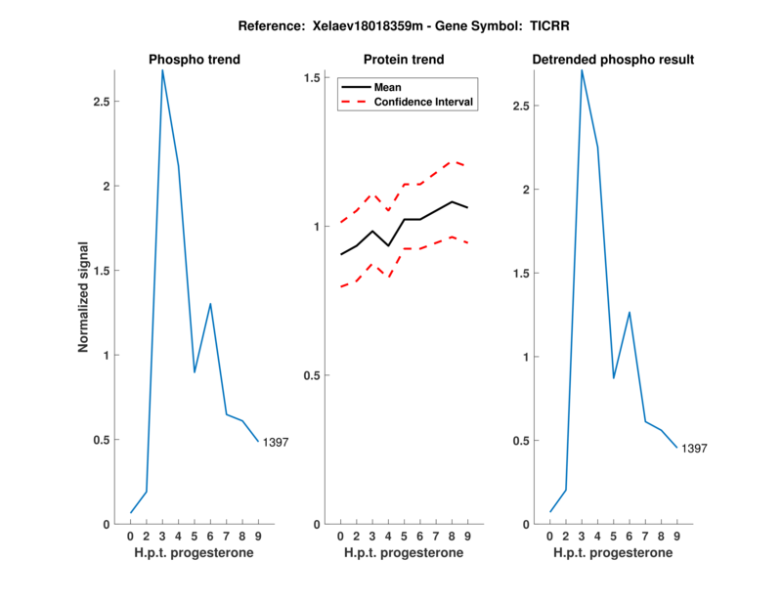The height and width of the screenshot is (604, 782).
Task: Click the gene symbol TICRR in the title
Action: [x=553, y=27]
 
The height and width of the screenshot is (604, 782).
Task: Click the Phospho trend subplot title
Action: [x=195, y=60]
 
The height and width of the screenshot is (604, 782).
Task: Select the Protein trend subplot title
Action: [x=404, y=60]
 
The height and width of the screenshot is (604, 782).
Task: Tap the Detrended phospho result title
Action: [x=613, y=60]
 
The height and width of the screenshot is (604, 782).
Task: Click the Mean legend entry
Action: [x=388, y=87]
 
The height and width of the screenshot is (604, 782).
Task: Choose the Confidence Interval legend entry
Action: [x=424, y=102]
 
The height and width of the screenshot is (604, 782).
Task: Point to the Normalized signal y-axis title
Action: [x=84, y=297]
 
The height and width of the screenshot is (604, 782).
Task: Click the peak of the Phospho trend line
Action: [x=162, y=70]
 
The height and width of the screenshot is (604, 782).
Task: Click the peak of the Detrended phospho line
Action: [x=582, y=70]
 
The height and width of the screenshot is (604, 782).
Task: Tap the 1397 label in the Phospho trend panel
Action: [x=277, y=444]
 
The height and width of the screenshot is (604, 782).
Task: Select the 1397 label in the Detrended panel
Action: [x=694, y=449]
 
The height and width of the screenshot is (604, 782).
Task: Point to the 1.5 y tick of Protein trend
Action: [x=314, y=78]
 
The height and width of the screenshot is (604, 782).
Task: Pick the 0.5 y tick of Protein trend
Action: [x=314, y=375]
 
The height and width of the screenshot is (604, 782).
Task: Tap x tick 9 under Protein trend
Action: [x=467, y=537]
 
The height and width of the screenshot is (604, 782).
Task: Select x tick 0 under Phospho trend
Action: [x=131, y=537]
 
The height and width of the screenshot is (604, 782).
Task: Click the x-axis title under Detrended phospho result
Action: [x=613, y=553]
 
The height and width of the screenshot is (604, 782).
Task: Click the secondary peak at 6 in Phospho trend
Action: [x=210, y=304]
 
